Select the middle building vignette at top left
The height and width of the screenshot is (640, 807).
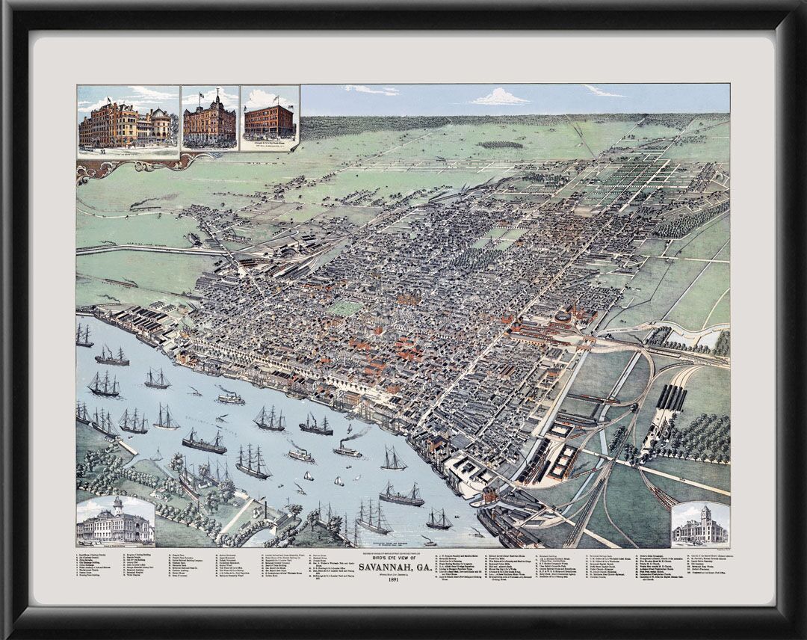(x=210, y=120)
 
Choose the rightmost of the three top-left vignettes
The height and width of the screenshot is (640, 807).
(x=269, y=120)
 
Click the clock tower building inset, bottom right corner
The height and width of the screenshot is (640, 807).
(x=699, y=523)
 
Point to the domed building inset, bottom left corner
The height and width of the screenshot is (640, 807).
(x=115, y=520)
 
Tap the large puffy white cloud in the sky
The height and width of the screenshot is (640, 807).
(x=499, y=97)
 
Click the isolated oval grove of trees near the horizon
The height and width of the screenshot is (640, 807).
(x=501, y=144)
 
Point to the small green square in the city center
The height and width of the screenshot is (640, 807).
(x=344, y=307)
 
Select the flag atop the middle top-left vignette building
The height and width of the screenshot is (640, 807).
(x=217, y=91)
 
